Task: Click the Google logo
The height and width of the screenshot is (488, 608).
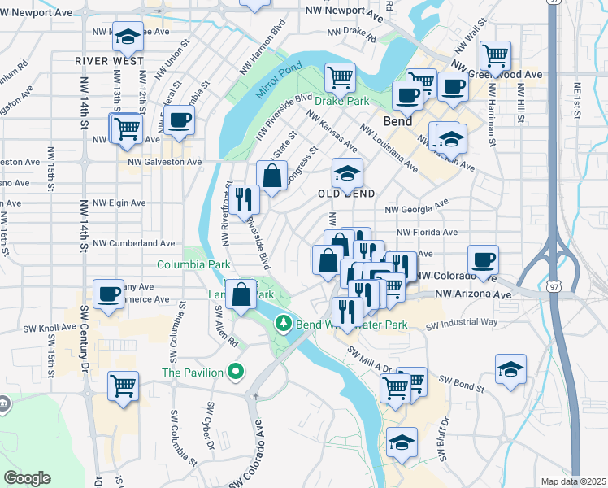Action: click(x=28, y=478)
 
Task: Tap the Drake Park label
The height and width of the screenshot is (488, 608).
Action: click(x=341, y=102)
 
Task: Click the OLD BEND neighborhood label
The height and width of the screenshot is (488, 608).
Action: click(x=346, y=194)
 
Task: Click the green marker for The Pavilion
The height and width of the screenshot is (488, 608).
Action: click(x=236, y=373)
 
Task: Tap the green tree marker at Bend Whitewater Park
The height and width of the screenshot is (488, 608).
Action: click(x=283, y=324)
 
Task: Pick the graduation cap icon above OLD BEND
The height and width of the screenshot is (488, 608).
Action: click(x=347, y=172)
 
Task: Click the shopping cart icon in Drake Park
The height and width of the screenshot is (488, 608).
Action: click(x=341, y=77)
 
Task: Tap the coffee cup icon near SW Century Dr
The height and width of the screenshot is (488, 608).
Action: click(x=108, y=294)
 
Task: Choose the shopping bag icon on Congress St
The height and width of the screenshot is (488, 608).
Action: click(x=271, y=174)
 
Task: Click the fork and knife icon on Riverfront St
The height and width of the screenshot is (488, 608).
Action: click(x=244, y=198)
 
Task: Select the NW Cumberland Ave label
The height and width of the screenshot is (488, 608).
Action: click(x=134, y=242)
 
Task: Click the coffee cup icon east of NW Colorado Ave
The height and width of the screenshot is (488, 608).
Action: click(x=483, y=259)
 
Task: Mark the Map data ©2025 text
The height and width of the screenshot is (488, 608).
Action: click(x=573, y=481)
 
